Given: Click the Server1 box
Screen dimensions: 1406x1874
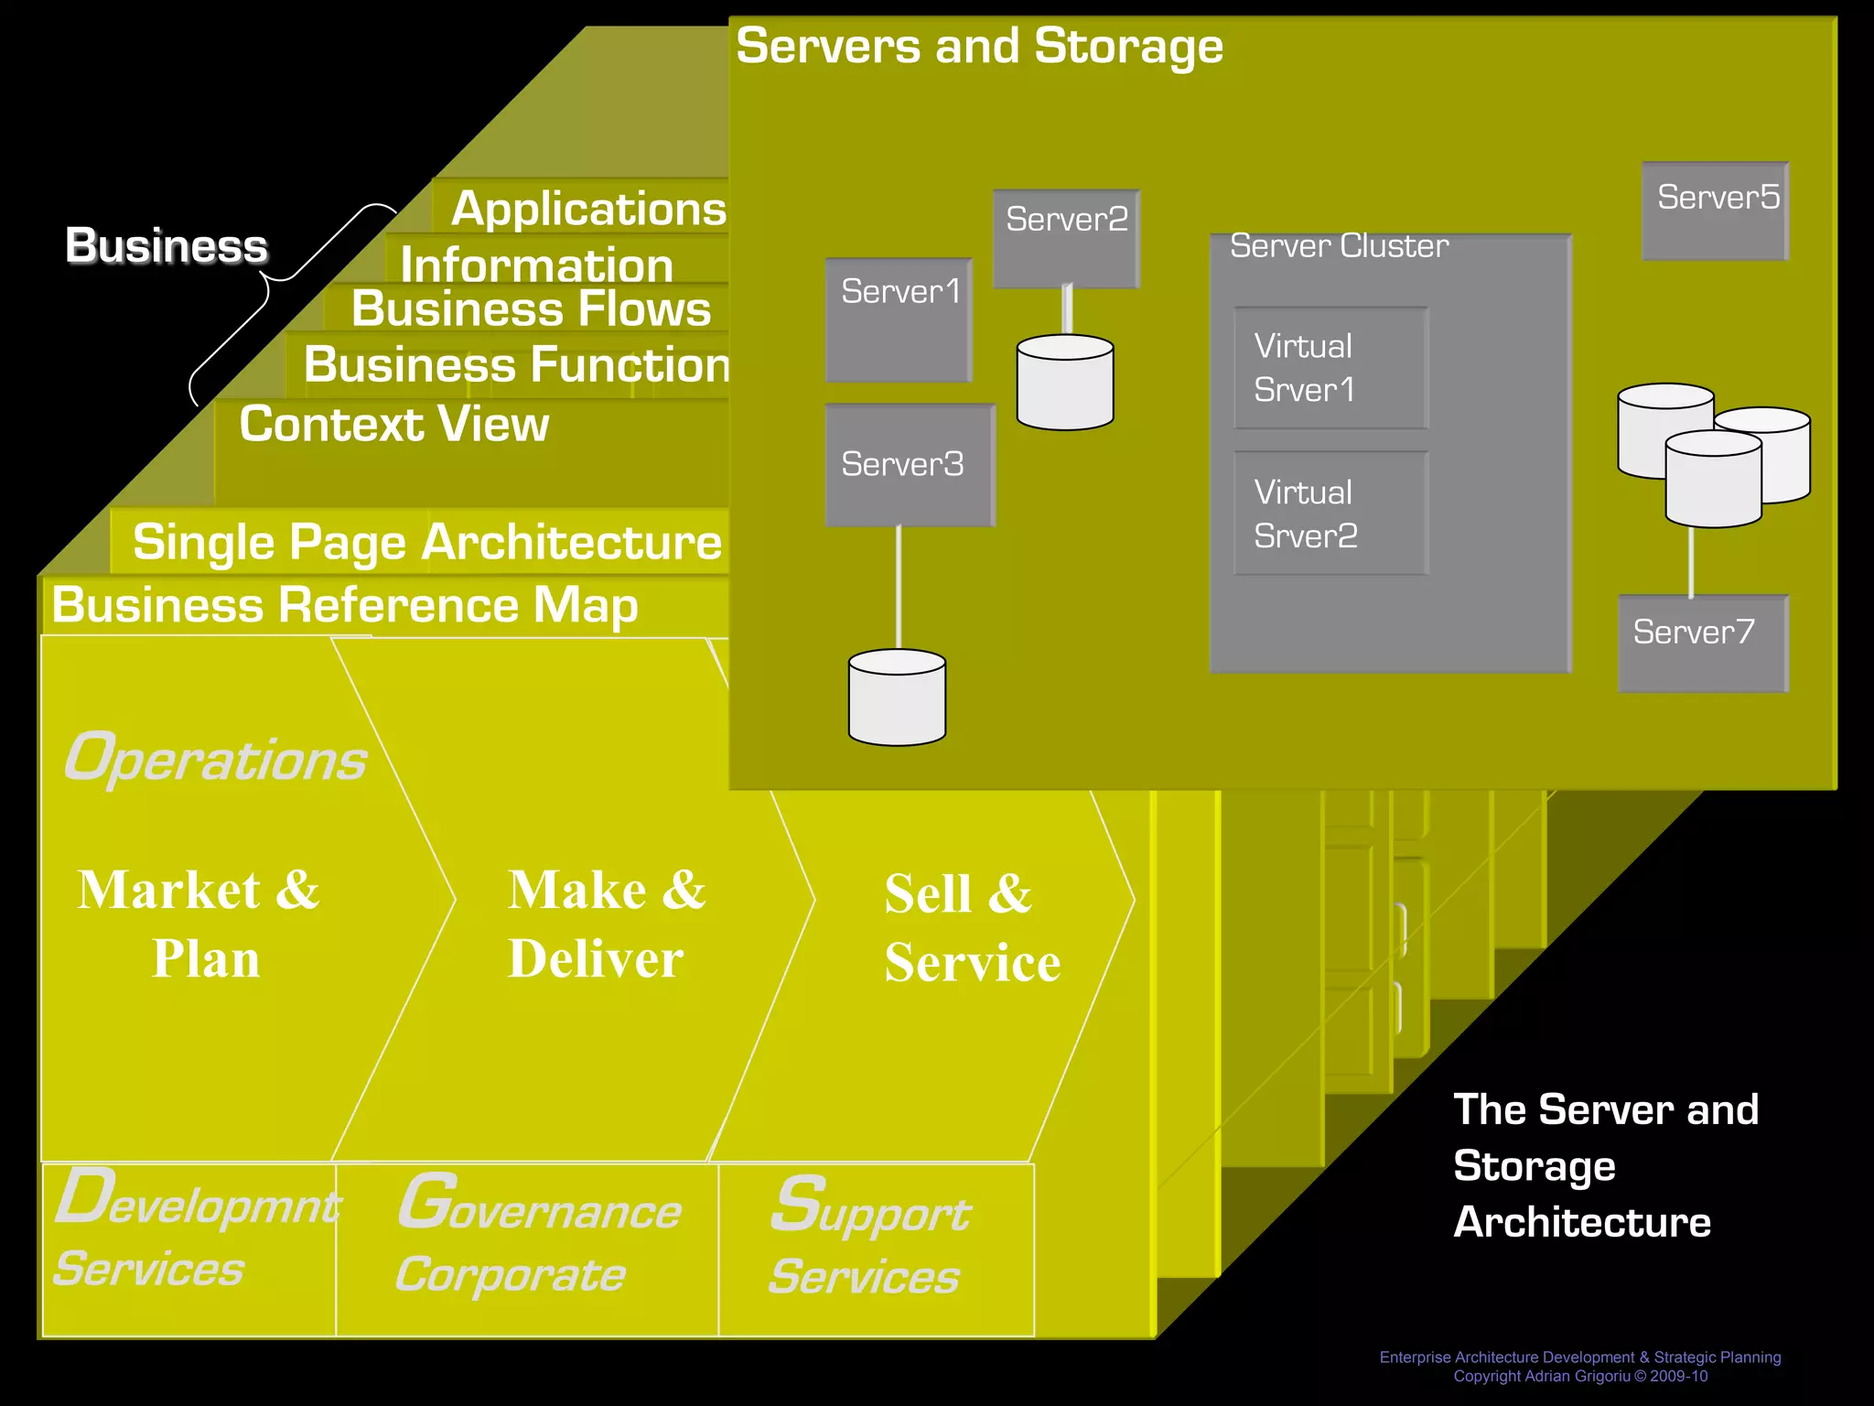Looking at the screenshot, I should (899, 319).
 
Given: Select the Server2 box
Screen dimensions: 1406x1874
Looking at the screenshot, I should (1066, 239).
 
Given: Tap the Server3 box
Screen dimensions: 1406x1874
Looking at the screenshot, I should (910, 465).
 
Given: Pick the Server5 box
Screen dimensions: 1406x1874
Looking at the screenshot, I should (1715, 211).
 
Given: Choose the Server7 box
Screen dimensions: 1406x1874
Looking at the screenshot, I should (1702, 644).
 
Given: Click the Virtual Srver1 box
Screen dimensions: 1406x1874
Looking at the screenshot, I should (1330, 368).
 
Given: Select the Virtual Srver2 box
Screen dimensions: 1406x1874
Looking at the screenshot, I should (1330, 514).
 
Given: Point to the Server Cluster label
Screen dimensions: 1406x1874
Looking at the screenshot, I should (1339, 246).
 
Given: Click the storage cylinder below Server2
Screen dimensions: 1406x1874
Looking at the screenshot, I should (1065, 383).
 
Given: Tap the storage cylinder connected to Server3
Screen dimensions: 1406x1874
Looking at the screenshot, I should (897, 698).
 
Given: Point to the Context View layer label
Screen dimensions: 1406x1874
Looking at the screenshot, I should (393, 424).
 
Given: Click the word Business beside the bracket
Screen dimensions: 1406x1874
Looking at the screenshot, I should (167, 245).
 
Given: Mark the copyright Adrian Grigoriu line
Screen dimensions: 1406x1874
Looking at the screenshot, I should (1580, 1376).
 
